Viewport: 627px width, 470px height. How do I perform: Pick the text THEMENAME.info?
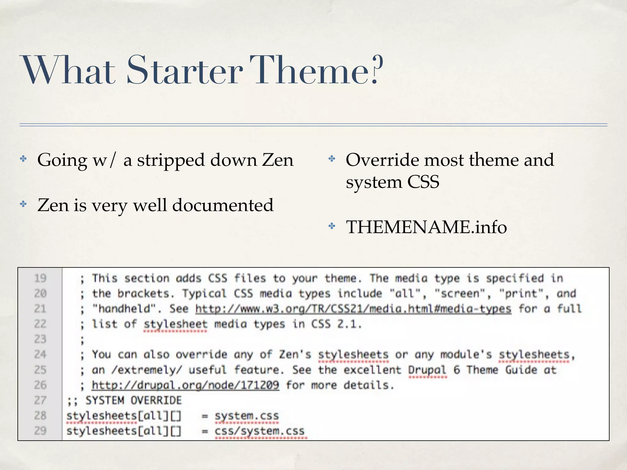point(426,227)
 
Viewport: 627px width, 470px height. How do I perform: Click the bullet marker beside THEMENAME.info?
point(332,226)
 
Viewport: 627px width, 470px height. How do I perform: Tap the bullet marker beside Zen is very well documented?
point(24,204)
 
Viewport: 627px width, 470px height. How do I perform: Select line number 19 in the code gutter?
point(40,278)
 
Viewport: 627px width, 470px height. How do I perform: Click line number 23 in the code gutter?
point(40,339)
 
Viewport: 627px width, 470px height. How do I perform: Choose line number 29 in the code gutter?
point(40,431)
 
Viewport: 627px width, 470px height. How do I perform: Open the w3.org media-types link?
point(353,309)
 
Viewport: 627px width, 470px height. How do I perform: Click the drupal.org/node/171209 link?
point(185,385)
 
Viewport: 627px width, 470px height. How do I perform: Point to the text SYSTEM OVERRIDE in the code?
point(133,401)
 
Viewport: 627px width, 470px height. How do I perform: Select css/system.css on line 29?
point(260,431)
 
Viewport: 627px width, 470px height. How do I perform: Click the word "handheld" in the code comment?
point(125,309)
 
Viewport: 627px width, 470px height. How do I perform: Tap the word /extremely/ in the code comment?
point(147,370)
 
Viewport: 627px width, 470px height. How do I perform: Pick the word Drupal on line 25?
point(427,370)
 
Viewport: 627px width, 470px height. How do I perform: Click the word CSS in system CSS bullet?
point(423,182)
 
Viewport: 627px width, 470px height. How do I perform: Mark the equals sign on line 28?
point(205,416)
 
